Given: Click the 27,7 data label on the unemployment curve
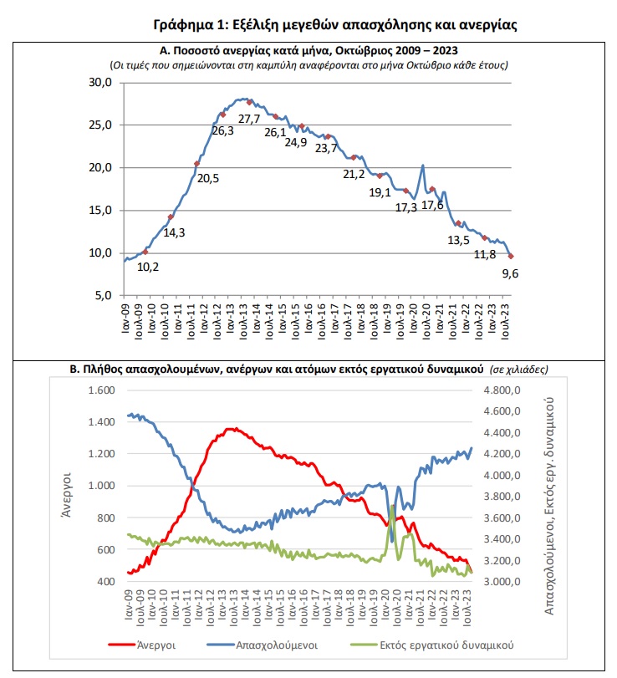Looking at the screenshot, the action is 249,119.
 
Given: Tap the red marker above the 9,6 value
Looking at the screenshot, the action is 511,257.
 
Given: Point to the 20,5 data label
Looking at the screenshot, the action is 208,178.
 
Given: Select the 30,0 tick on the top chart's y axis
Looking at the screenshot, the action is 100,82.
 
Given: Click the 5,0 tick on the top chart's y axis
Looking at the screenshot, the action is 104,295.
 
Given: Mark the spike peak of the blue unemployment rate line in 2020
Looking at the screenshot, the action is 423,166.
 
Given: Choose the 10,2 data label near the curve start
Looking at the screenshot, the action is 148,267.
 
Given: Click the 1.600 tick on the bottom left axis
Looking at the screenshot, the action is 102,390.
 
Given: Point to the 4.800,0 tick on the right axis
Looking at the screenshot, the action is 502,390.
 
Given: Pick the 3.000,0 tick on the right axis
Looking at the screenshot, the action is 502,582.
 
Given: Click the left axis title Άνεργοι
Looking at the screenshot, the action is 66,495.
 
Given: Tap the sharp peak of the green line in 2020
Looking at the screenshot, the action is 392,506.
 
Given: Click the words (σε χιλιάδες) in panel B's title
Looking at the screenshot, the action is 519,370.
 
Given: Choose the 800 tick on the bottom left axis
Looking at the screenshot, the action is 106,517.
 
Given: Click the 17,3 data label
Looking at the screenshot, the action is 406,207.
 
